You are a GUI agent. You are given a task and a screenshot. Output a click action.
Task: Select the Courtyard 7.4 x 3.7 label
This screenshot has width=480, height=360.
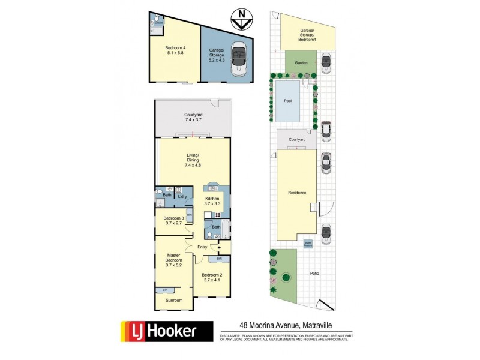click(x=194, y=117)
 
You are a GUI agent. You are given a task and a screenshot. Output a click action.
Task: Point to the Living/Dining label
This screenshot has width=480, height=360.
click(x=193, y=161)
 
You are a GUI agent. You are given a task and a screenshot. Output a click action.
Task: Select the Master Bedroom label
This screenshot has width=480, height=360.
click(x=174, y=260)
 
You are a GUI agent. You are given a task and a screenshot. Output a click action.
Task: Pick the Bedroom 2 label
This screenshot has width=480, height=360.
click(x=214, y=277)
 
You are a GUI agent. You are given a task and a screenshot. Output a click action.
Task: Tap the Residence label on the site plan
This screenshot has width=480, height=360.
click(x=297, y=193)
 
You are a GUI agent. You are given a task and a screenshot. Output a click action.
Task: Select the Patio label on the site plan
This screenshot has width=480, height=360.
click(x=314, y=273)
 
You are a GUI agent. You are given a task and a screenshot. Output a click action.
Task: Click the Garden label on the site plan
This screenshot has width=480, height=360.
click(x=301, y=62)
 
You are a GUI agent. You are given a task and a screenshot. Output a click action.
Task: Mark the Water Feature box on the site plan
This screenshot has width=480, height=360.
click(x=308, y=244)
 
